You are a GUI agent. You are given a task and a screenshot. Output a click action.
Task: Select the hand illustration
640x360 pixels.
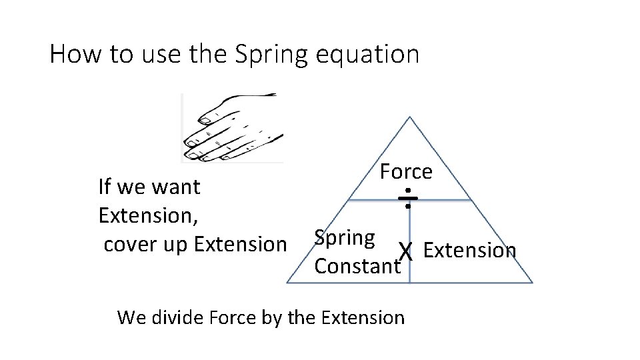(x=233, y=127)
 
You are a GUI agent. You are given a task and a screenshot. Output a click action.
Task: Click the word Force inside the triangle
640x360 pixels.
(x=406, y=171)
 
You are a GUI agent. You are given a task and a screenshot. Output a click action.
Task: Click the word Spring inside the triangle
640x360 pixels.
(x=345, y=237)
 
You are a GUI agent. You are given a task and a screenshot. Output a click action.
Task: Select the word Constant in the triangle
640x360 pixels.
(x=357, y=267)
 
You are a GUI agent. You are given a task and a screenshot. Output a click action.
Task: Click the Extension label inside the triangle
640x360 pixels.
(x=469, y=250)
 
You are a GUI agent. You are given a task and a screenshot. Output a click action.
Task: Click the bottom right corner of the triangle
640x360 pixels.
(x=532, y=282)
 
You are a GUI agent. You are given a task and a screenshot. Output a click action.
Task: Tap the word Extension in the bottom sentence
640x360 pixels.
(x=363, y=317)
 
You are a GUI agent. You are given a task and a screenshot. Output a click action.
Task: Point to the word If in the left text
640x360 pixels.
(x=104, y=187)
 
